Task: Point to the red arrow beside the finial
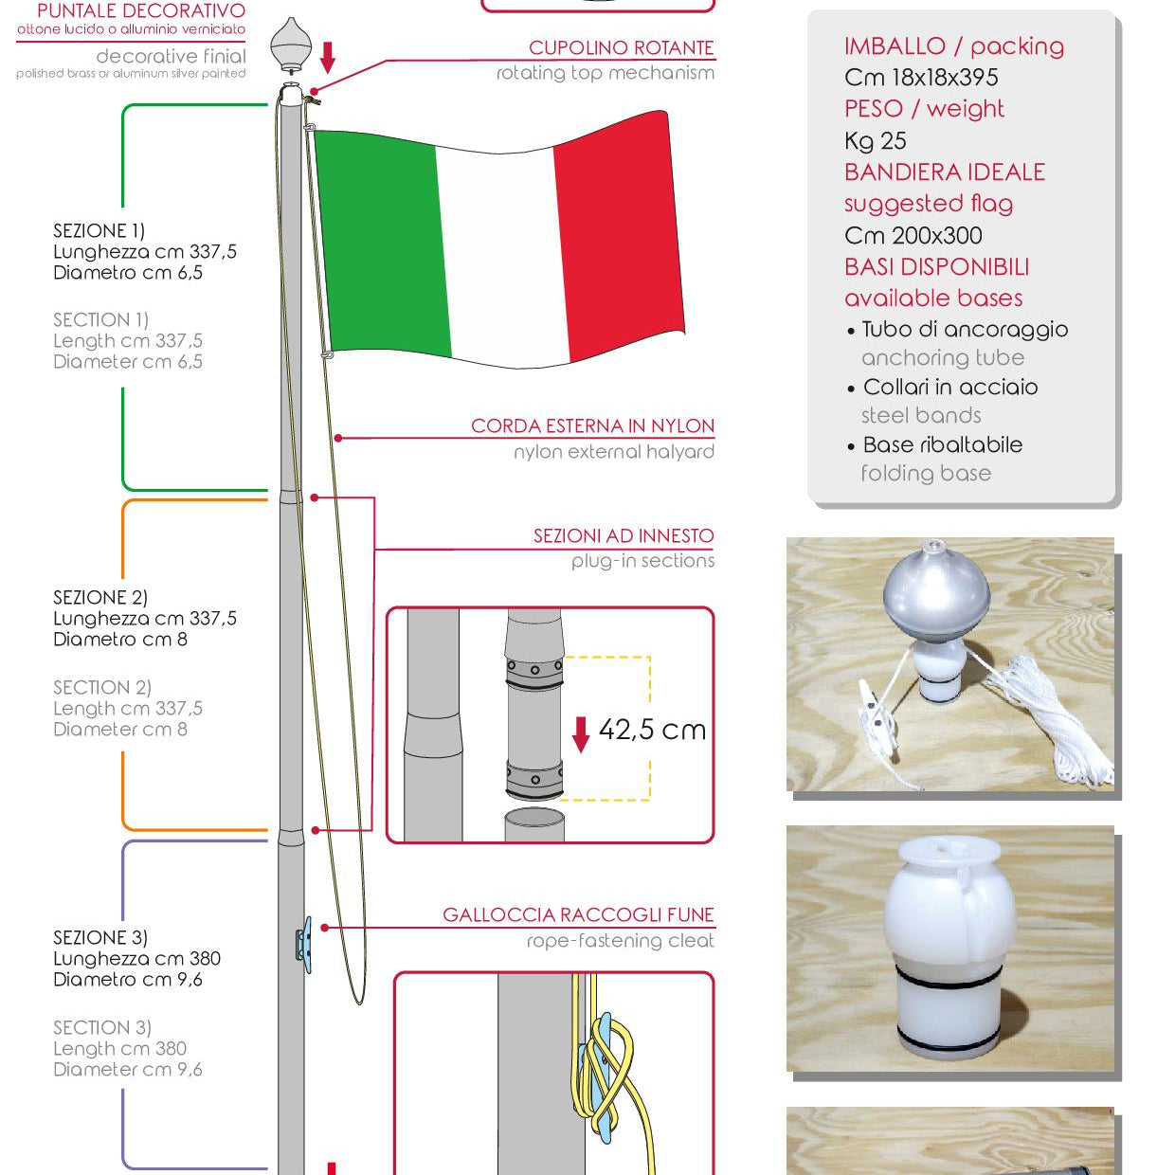point(327,57)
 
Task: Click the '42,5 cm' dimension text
point(653,730)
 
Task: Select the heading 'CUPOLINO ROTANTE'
point(621,48)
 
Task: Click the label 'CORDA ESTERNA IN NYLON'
point(592,426)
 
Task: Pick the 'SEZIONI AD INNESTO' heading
point(624,536)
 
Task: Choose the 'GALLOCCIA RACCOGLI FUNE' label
point(578,915)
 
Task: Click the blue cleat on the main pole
point(303,943)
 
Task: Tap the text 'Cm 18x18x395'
point(921,78)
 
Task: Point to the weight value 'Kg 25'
point(876,141)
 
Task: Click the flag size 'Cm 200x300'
point(913,236)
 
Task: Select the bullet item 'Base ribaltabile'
point(943,445)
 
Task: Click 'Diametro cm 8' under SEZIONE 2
point(120,640)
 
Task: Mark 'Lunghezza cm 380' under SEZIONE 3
point(136,959)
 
